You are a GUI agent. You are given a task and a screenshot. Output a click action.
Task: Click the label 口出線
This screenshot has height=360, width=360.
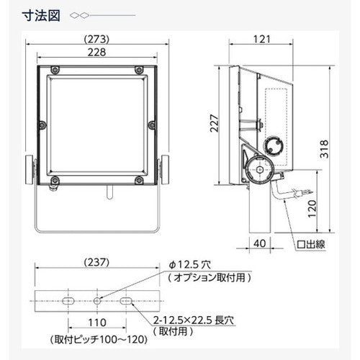312,245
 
